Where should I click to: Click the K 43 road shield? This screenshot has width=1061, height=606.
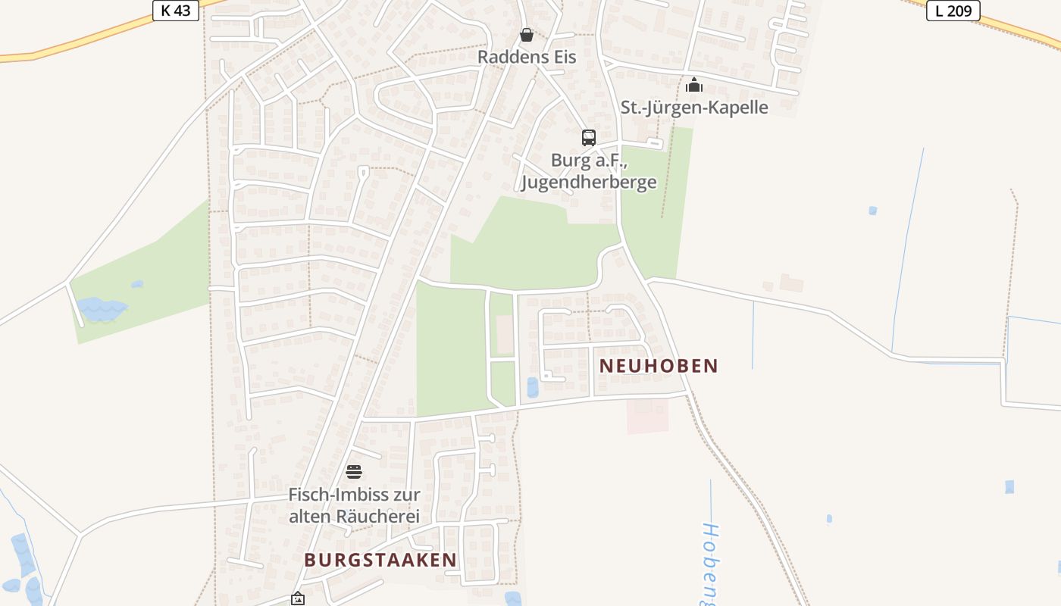pos(176,10)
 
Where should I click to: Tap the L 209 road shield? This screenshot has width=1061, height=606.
pos(953,10)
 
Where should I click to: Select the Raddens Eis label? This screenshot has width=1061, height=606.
pos(527,57)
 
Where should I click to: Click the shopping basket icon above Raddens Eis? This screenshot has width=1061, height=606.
pos(527,35)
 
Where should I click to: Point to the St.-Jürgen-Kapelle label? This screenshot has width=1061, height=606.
pos(694,107)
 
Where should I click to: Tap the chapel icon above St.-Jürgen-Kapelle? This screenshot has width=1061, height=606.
pos(694,85)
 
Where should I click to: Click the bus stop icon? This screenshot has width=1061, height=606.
pos(589,137)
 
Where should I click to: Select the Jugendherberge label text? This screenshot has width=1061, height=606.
pos(589,183)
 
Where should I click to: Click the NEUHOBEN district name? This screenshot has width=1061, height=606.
pos(659,366)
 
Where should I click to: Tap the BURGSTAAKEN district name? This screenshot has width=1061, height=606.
pos(380,560)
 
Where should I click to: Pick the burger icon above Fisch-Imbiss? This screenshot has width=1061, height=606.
pos(354,472)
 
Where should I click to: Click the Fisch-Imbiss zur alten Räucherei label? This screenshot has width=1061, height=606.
pos(354,505)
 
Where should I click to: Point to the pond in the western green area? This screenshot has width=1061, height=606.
pos(102,309)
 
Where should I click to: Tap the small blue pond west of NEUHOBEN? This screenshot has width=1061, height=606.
pos(533,387)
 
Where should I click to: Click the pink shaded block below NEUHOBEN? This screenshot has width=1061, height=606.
pos(647,416)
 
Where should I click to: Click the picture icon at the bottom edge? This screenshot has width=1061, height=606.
pos(298,599)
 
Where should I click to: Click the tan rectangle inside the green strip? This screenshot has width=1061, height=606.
pos(504,334)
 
